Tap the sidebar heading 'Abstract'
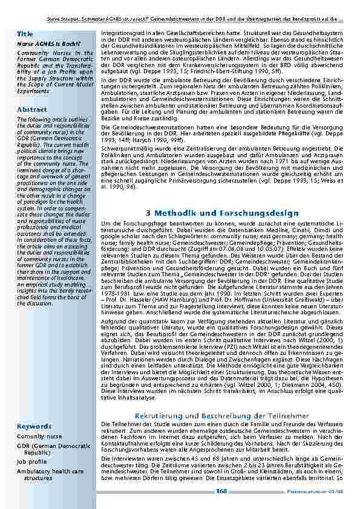[x=32, y=109]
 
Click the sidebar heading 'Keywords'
[x=34, y=426]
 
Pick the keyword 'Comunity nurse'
[x=39, y=436]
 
